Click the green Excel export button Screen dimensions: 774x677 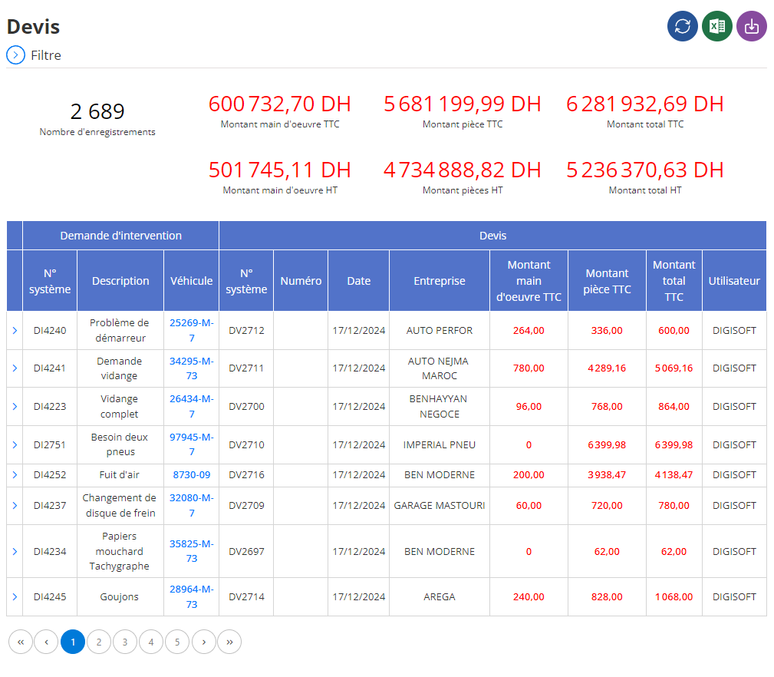pos(716,26)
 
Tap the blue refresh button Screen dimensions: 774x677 pos(682,26)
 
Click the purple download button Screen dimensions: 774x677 pos(751,26)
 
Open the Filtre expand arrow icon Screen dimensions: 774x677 pos(16,55)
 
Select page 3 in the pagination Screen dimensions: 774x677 pos(125,642)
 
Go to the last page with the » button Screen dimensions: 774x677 pos(229,642)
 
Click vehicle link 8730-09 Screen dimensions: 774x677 pos(192,475)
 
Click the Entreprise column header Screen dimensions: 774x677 pos(440,281)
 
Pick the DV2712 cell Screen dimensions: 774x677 pos(246,331)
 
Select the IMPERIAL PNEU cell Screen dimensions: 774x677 pos(440,445)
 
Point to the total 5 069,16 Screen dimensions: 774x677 pos(674,368)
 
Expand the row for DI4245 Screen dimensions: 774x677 pos(15,597)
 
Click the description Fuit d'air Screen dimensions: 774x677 pos(120,475)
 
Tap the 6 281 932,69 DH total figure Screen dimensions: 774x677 pos(645,104)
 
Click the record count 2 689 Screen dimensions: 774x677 pos(97,111)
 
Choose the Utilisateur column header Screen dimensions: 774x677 pos(734,281)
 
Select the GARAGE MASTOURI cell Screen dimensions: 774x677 pos(440,506)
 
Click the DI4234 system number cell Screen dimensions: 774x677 pos(50,552)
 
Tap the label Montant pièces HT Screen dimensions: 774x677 pos(463,190)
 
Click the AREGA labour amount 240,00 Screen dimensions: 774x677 pos(529,597)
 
